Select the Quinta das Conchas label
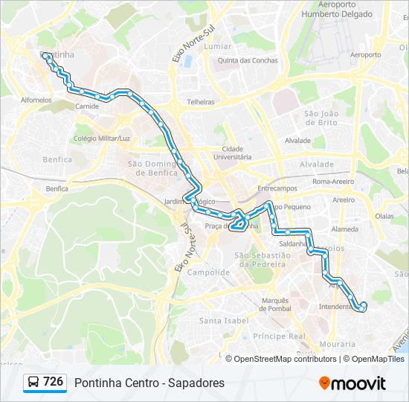[x=248, y=61]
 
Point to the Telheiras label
[x=201, y=102]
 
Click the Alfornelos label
[x=36, y=99]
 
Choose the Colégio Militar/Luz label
[x=102, y=138]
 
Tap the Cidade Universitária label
[x=232, y=153]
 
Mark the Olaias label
[x=384, y=216]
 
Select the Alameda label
[x=345, y=230]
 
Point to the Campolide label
[x=208, y=272]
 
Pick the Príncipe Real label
[x=279, y=336]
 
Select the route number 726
[x=53, y=382]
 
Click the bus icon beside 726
[x=34, y=383]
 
